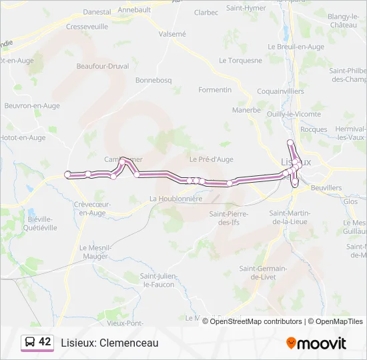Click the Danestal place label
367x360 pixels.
point(97,11)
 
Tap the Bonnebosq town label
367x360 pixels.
point(153,80)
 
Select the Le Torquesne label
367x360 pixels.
point(240,60)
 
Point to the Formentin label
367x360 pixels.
point(215,89)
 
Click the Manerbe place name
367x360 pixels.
point(246,110)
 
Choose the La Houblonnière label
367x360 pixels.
point(175,199)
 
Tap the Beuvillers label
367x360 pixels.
point(326,188)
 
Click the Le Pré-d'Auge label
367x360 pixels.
point(211,159)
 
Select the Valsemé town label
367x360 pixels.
point(173,33)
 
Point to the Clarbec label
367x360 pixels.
point(206,12)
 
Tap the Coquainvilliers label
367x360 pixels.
point(280,91)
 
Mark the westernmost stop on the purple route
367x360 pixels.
point(67,175)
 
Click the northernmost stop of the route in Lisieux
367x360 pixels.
point(290,143)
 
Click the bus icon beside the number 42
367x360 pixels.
point(30,342)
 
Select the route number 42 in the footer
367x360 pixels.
point(45,341)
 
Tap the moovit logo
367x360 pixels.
point(316,343)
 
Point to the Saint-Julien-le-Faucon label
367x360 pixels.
point(157,280)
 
